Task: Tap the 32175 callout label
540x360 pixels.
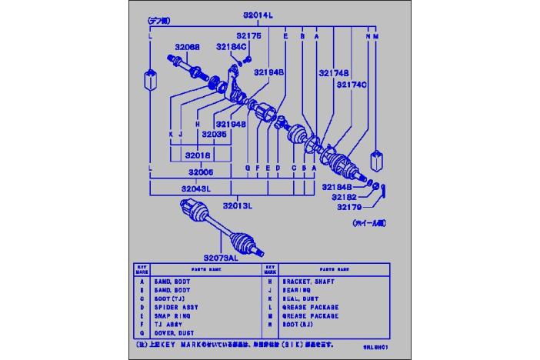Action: pyautogui.click(x=248, y=35)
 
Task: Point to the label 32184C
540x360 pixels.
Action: pyautogui.click(x=230, y=47)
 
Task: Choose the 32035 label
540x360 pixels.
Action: pyautogui.click(x=214, y=133)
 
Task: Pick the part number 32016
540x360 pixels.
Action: pyautogui.click(x=198, y=155)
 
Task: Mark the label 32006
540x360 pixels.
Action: pyautogui.click(x=198, y=173)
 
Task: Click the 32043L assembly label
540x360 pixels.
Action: pyautogui.click(x=196, y=188)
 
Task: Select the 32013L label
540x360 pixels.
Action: pyautogui.click(x=238, y=205)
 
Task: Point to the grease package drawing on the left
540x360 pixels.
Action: pyautogui.click(x=150, y=78)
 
